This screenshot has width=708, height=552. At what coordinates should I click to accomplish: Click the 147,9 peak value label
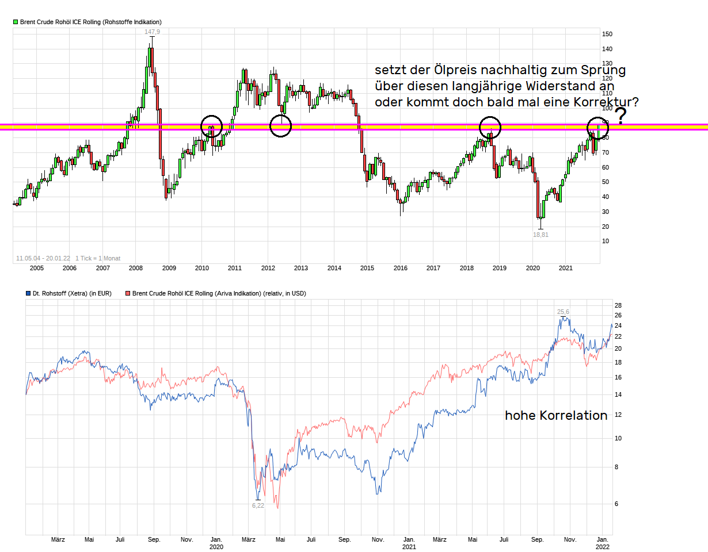click(x=152, y=32)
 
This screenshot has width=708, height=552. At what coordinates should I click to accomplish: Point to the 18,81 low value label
click(x=540, y=235)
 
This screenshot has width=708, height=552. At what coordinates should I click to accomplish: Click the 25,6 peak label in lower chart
click(x=563, y=312)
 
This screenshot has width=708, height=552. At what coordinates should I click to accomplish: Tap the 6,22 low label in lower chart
click(x=258, y=505)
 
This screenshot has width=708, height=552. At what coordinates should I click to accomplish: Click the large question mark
click(x=621, y=116)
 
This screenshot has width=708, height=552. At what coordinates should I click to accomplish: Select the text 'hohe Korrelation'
click(x=556, y=415)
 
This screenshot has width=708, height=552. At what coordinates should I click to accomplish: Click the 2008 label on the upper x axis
click(x=136, y=268)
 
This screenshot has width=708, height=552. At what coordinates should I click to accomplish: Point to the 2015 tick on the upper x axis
click(x=367, y=268)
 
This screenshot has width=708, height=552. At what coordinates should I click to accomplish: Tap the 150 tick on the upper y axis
click(x=607, y=34)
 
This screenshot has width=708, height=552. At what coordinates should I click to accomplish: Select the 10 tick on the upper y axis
click(x=606, y=241)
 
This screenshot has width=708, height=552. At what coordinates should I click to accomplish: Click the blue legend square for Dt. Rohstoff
click(x=28, y=293)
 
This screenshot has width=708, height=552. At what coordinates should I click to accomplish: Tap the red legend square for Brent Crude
click(x=128, y=293)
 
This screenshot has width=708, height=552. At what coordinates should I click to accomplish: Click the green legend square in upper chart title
click(x=16, y=22)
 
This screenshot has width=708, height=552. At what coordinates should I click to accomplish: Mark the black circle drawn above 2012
click(x=280, y=126)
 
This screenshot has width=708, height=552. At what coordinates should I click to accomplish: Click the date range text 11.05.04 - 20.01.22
click(x=43, y=259)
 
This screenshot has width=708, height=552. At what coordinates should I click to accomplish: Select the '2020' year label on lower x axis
click(x=216, y=547)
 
